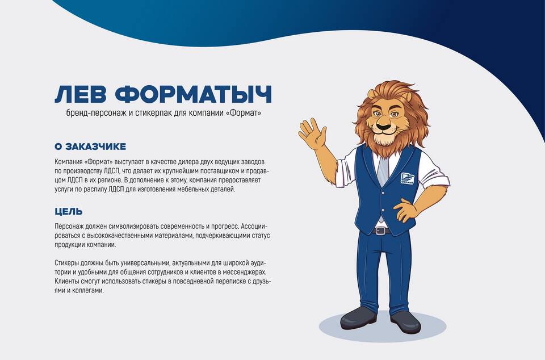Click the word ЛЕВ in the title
click(81, 94)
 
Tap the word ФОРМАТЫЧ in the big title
click(193, 94)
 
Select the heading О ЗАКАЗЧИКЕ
click(90, 146)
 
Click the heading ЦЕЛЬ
click(69, 211)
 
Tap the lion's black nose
click(384, 127)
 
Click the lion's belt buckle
click(381, 231)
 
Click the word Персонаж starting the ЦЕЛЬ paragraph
click(68, 226)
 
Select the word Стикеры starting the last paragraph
click(66, 263)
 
